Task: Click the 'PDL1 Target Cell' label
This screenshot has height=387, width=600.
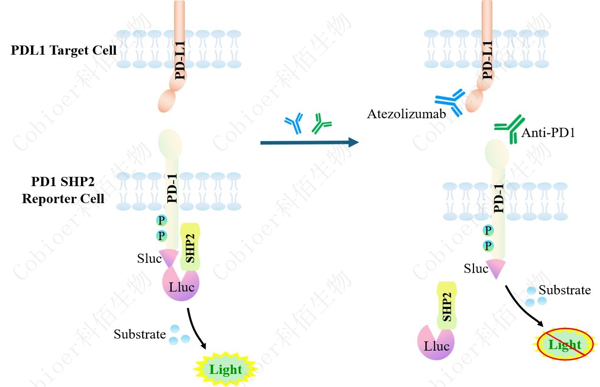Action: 64,50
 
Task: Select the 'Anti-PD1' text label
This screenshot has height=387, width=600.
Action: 548,133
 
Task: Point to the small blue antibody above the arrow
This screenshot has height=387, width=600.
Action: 293,124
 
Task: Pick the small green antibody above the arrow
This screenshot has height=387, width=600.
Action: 321,124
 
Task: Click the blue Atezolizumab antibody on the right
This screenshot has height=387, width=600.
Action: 451,101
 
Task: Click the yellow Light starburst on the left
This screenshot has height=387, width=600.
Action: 226,370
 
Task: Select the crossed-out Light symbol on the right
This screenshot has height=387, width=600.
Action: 565,345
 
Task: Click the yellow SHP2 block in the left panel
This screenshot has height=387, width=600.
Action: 190,246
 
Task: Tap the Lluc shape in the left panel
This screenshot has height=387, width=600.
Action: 181,286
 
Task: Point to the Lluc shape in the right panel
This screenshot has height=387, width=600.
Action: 436,345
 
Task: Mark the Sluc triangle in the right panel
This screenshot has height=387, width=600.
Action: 496,268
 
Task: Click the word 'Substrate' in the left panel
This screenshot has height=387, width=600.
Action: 140,334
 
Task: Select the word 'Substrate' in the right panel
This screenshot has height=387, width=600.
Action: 565,290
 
